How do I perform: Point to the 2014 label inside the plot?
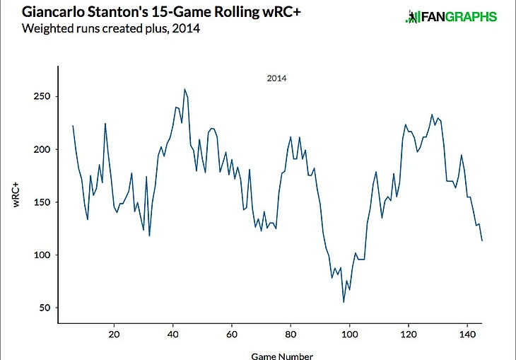(276, 79)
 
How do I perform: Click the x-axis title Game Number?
(282, 356)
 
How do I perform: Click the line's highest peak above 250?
(184, 89)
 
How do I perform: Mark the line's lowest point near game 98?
(344, 302)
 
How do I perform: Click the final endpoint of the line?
(482, 240)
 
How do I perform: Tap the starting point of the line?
(73, 126)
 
